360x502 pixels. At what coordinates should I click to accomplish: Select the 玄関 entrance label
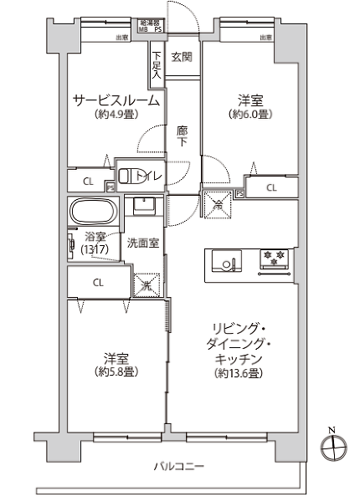(x=182, y=57)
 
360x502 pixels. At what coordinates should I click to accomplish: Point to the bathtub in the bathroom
(x=91, y=209)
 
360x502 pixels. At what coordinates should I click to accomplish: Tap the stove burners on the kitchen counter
(x=274, y=259)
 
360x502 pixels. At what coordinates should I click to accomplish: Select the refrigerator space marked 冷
(x=217, y=202)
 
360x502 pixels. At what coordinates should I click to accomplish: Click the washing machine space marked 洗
(x=147, y=285)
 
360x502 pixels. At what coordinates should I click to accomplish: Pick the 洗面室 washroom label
(x=143, y=243)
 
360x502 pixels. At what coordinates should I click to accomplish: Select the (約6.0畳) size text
(x=250, y=115)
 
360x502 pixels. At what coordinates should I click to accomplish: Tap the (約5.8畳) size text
(x=116, y=371)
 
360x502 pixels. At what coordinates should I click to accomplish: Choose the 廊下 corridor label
(x=183, y=136)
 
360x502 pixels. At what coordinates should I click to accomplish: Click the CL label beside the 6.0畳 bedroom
(x=271, y=187)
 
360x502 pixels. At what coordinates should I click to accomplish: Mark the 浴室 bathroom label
(x=95, y=236)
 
